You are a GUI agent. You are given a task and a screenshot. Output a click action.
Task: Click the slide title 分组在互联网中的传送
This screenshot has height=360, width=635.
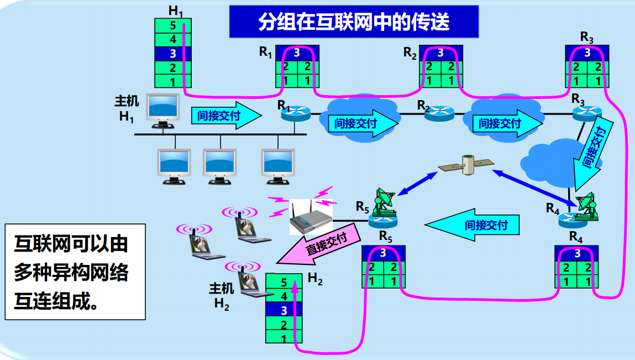point(354,22)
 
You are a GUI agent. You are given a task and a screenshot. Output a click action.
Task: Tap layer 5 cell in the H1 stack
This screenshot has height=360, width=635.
point(173,25)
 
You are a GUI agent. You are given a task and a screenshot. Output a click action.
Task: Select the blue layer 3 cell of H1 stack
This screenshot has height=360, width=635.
point(173,54)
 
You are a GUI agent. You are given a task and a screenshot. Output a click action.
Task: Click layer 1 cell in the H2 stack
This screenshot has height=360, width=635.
point(284,338)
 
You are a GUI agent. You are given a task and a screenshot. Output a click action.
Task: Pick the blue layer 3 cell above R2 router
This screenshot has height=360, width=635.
point(440,53)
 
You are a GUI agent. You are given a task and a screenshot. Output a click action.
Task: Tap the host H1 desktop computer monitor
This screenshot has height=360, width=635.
point(164,108)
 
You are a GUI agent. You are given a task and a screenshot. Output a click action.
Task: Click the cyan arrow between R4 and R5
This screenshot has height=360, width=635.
point(474,225)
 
